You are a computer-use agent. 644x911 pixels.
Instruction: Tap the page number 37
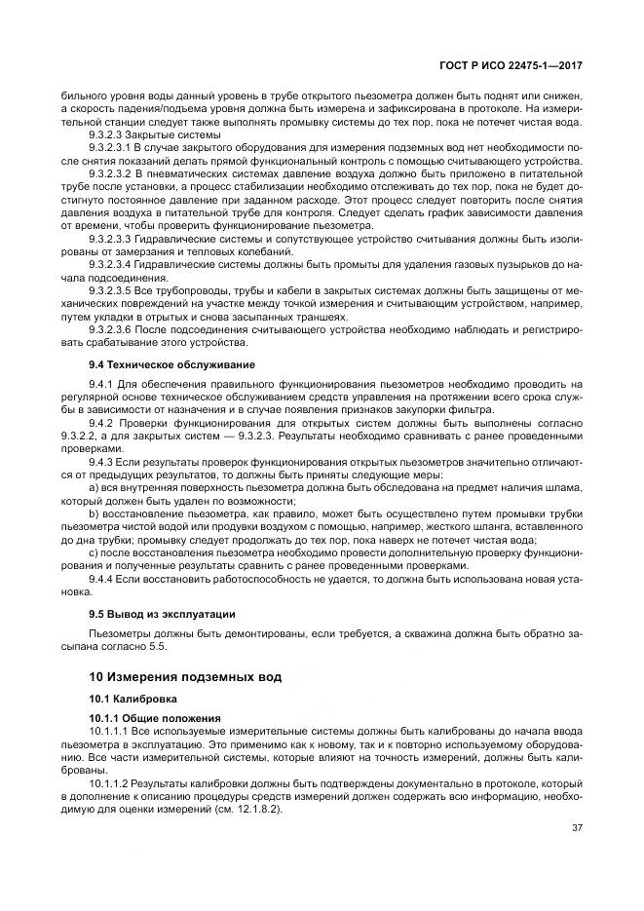pyautogui.click(x=576, y=828)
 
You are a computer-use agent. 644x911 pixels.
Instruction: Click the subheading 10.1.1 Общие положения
pyautogui.click(x=148, y=718)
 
